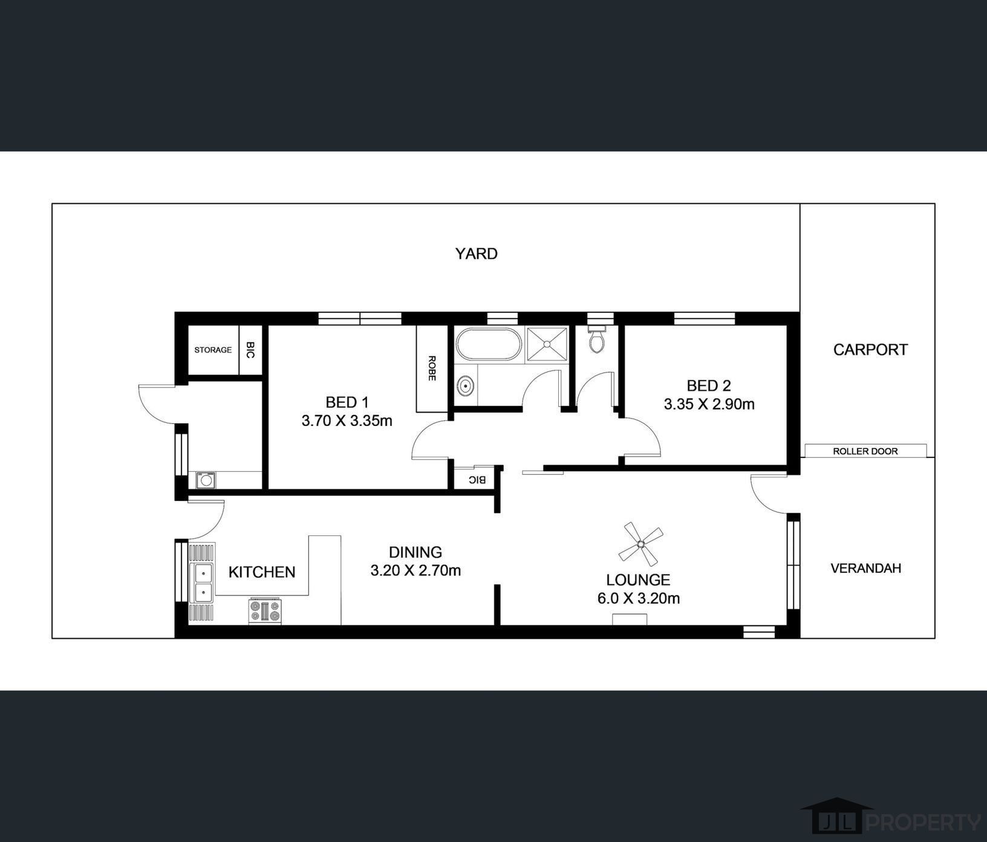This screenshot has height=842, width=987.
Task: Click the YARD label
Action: pos(476,253)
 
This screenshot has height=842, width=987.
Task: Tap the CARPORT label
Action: pos(870,350)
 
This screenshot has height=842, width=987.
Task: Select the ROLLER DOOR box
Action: pos(865,451)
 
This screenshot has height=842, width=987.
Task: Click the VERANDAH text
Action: pos(865,568)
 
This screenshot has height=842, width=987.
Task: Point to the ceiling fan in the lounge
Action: pos(640,543)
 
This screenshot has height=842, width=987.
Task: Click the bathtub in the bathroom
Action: pos(488,345)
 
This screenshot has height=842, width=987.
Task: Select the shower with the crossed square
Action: pos(547,344)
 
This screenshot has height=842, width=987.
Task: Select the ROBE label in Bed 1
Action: pos(432,368)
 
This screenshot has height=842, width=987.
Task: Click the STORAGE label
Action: pos(213,350)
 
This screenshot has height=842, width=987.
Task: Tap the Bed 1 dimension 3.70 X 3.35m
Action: pos(347,420)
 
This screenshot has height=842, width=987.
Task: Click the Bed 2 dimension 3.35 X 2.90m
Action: pos(709,404)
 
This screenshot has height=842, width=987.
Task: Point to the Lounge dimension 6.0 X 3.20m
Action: pos(638,598)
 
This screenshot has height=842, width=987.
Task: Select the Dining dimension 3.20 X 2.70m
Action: pos(415,570)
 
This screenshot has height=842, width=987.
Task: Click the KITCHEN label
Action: pos(262,572)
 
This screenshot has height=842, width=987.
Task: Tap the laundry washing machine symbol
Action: pos(206,480)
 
